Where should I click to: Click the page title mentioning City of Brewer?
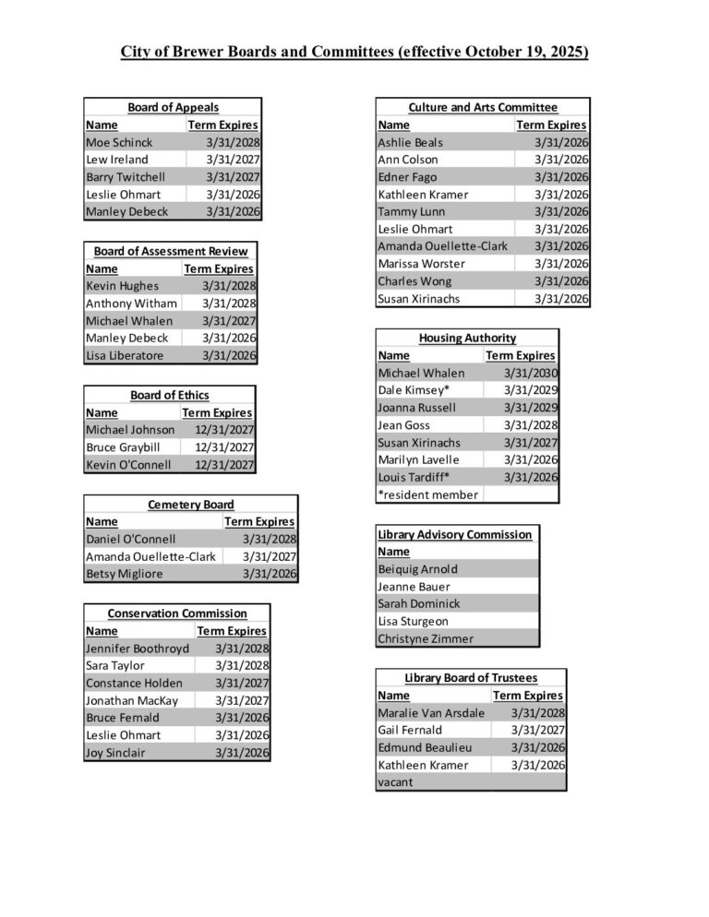pos(354,52)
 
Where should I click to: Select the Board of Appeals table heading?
pos(173,108)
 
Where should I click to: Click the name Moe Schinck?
pos(119,143)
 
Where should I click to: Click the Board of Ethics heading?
pos(169,396)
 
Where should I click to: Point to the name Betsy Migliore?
pos(124,574)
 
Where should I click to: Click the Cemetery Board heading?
pos(191,505)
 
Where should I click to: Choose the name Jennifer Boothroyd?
pos(137,649)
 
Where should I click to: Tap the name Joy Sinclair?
pos(115,753)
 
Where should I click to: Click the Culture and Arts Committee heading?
pos(483,108)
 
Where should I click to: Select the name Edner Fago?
pos(407,177)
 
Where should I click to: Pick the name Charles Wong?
pos(415,281)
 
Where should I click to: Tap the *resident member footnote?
pos(428,494)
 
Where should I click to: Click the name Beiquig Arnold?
pos(417,569)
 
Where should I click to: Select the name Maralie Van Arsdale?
pos(431,713)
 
